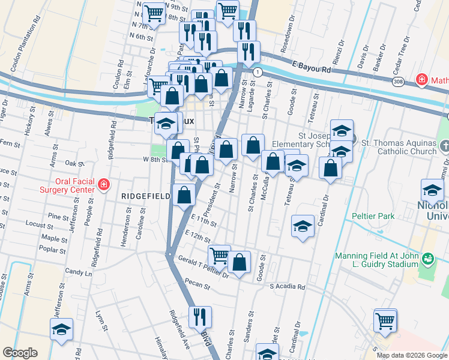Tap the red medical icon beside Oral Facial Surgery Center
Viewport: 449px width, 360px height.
coord(104,184)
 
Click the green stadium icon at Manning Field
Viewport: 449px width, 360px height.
coord(427,259)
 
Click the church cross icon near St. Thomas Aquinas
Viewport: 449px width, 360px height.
coord(444,146)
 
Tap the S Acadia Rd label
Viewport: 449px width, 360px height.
coord(288,287)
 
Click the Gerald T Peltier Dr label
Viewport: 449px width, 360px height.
coord(204,266)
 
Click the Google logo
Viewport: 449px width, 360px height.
coord(20,353)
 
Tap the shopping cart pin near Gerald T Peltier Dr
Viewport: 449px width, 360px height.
coord(219,255)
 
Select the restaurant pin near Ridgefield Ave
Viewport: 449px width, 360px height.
coord(200,316)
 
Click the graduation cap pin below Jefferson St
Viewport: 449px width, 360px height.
coord(61,329)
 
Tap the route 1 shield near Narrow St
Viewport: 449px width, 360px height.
coord(258,72)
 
